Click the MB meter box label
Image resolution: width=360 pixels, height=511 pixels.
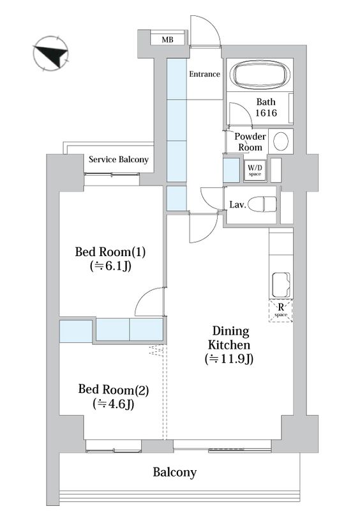coord(167,40)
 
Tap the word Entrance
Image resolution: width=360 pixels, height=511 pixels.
coord(205,74)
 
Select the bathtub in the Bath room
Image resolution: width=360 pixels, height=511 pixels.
coord(260,75)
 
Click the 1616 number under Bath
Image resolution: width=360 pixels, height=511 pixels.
coord(266,113)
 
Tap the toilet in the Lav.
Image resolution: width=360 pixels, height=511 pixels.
coord(262,204)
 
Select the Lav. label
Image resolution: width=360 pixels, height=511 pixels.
coord(238,204)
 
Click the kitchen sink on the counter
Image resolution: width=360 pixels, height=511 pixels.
coord(281,285)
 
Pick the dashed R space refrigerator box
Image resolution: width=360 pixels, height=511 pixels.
coord(281,311)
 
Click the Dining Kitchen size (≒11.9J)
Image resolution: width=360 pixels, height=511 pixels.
coord(229,359)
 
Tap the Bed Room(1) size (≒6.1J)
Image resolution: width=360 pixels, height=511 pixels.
coord(110,266)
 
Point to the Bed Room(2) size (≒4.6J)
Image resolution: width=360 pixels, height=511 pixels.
coord(114,404)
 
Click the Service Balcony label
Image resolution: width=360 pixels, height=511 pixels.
coord(119,160)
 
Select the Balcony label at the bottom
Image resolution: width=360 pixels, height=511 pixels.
coord(175,472)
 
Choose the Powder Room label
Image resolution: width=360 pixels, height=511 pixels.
coord(250,142)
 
